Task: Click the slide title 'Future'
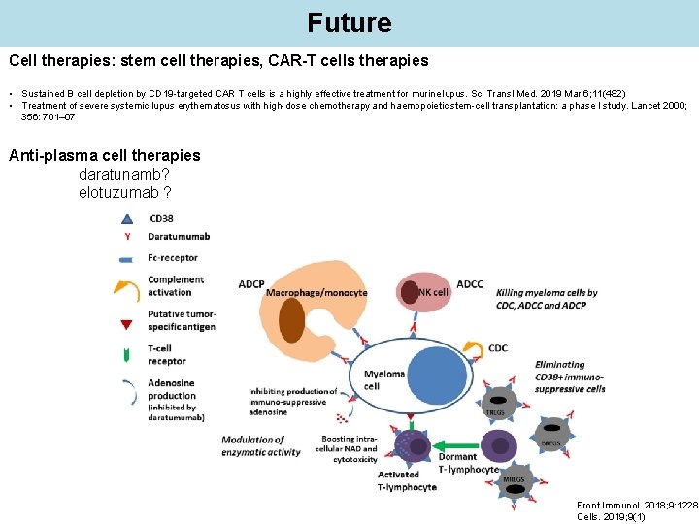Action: tap(349, 21)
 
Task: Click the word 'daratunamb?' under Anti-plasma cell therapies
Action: tap(124, 174)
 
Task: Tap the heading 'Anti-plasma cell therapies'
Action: tap(104, 155)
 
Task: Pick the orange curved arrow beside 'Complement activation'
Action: tap(127, 286)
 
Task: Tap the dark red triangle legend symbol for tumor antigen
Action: tap(127, 324)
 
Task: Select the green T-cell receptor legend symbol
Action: tap(127, 355)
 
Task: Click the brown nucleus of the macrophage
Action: tap(291, 319)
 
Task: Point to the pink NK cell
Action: tap(424, 292)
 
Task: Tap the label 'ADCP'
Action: tap(251, 284)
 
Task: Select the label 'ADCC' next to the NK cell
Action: tap(469, 284)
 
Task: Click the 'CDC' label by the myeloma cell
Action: tap(497, 348)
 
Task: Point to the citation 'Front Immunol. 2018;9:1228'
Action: tap(636, 506)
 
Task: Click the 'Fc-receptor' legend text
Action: tap(173, 258)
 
